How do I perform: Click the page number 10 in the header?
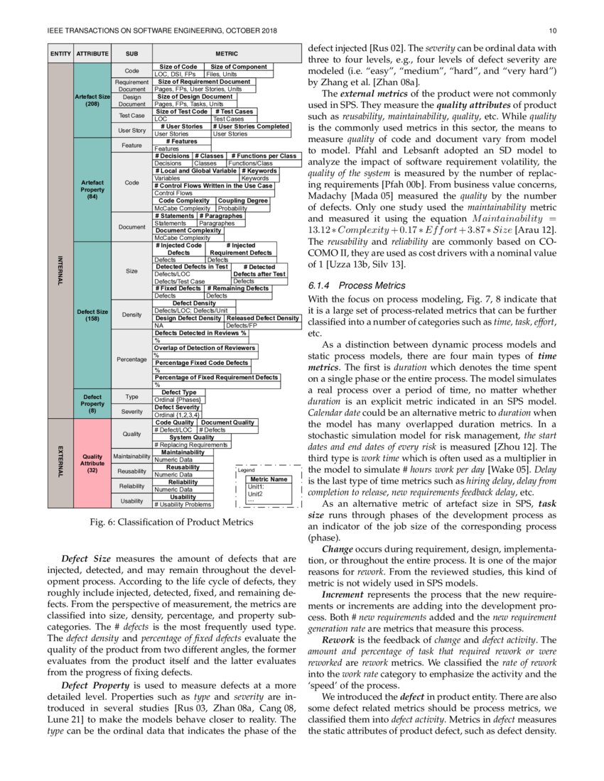(553, 31)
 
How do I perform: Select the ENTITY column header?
(60, 53)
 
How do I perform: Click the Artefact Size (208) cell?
(92, 100)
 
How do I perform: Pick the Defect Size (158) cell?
(92, 315)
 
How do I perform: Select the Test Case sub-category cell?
(131, 115)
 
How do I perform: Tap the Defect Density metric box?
(194, 304)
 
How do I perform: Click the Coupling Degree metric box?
(243, 201)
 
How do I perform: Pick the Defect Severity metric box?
(177, 408)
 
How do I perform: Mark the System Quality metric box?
(191, 437)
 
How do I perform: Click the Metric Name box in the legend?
(269, 480)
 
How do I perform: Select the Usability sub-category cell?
(131, 501)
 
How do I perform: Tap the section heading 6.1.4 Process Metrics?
(357, 285)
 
